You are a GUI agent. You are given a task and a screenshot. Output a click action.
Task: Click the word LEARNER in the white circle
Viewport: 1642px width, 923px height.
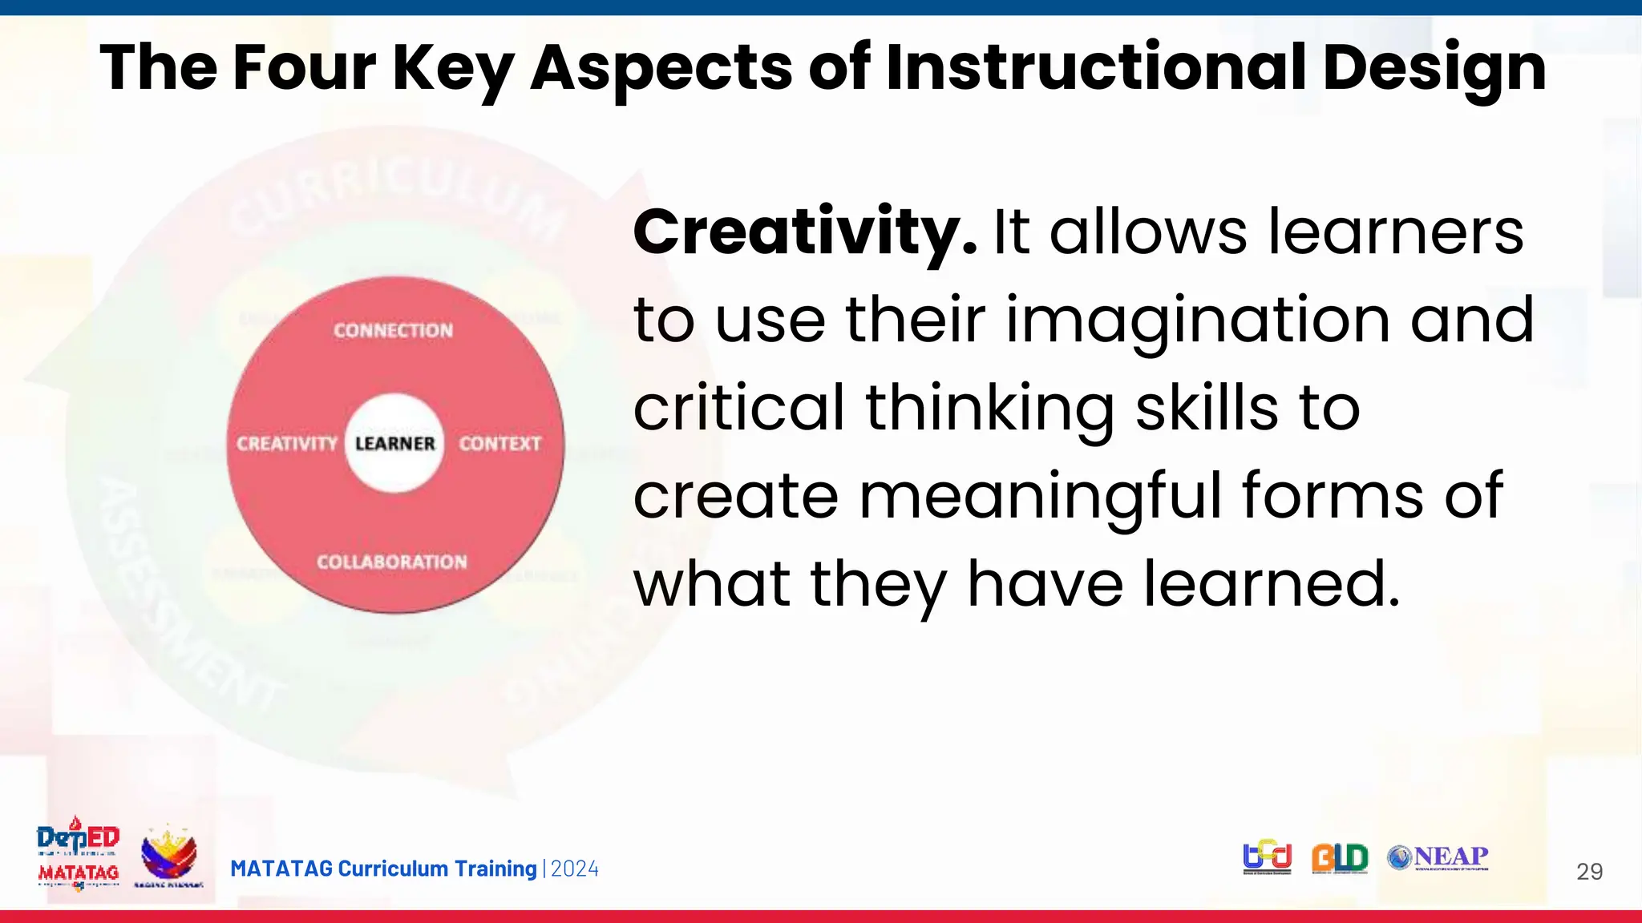[394, 443]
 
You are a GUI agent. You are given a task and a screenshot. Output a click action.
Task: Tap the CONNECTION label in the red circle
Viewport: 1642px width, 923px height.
[393, 330]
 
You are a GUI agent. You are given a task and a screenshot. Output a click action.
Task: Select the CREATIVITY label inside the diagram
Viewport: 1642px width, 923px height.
[287, 443]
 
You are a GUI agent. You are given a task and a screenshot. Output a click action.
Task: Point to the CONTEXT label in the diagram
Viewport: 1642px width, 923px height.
[500, 443]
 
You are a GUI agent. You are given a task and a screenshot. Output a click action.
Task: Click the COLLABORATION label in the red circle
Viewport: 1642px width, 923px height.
[392, 562]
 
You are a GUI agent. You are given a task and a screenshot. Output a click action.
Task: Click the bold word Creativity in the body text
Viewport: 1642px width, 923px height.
[804, 232]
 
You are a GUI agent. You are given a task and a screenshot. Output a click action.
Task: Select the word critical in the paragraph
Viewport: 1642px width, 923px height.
[738, 407]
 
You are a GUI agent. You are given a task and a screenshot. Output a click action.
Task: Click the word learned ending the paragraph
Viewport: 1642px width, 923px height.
[1270, 583]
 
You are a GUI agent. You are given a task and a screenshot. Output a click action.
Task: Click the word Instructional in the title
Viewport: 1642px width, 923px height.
[1096, 67]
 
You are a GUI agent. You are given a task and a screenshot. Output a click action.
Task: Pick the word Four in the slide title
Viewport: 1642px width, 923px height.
[304, 67]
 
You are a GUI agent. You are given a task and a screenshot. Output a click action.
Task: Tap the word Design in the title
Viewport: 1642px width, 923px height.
[1434, 69]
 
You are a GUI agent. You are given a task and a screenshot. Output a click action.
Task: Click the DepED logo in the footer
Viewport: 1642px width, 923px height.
[79, 837]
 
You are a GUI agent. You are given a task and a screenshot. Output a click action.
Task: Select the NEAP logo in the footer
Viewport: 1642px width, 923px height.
[1438, 857]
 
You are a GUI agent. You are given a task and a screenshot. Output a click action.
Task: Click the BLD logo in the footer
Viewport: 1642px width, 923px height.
[1340, 858]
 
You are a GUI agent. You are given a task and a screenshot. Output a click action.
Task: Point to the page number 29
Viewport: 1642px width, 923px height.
[1589, 872]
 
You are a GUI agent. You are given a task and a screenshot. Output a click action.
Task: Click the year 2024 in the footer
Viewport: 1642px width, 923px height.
[575, 869]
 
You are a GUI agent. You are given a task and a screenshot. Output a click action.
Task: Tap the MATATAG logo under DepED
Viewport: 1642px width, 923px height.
[79, 873]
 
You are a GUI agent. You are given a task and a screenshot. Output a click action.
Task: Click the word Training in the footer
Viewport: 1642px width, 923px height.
[495, 869]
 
